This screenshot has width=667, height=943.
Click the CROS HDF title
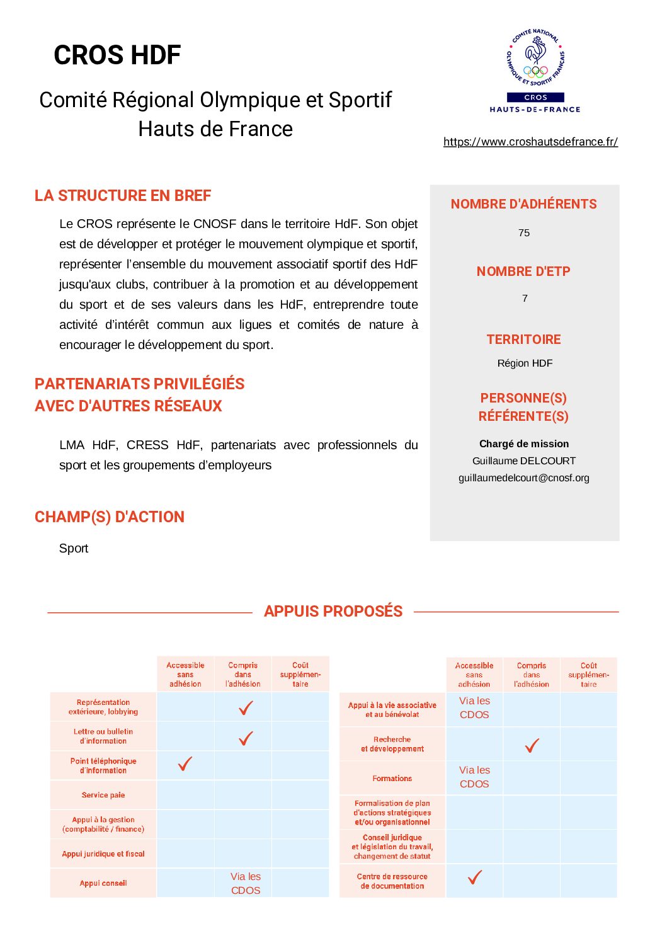click(x=117, y=55)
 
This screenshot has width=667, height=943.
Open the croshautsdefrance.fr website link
click(x=530, y=142)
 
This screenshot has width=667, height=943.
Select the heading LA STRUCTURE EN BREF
click(x=123, y=196)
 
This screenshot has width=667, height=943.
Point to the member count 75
click(x=524, y=233)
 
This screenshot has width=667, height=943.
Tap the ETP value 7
click(x=525, y=299)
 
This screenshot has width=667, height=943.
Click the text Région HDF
click(x=525, y=363)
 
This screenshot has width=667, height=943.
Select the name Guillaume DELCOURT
click(x=524, y=461)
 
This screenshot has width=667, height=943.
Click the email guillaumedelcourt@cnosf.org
click(x=524, y=478)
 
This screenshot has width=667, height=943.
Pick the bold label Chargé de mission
click(x=524, y=444)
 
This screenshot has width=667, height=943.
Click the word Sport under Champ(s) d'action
click(x=74, y=549)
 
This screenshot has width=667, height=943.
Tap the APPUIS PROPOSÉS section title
click(x=333, y=612)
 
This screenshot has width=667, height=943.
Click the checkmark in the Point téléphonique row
click(x=185, y=764)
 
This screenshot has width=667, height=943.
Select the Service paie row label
click(x=103, y=796)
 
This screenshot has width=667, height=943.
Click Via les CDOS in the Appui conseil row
click(x=246, y=884)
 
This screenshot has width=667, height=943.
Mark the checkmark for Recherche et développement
click(x=532, y=746)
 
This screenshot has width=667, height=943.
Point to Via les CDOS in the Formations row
click(x=474, y=777)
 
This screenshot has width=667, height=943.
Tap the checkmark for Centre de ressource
click(x=475, y=877)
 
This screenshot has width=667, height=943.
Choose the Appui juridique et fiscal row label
click(x=103, y=854)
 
